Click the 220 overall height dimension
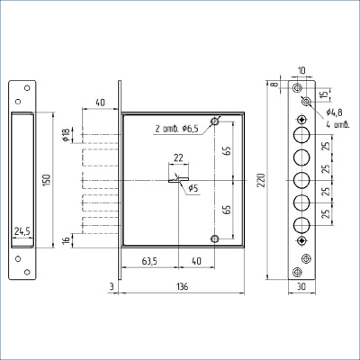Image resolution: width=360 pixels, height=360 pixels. [262, 180]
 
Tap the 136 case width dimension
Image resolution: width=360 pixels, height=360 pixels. [182, 287]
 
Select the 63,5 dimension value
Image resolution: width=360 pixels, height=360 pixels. [149, 262]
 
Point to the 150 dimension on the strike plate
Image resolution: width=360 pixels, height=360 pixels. [48, 180]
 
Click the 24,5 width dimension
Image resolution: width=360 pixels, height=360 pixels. [22, 231]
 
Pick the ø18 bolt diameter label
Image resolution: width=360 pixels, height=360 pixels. [66, 135]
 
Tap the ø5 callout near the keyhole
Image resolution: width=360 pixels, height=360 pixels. [193, 188]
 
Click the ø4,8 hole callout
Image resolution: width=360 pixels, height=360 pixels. [335, 112]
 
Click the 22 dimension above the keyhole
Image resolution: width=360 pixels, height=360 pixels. [178, 157]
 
